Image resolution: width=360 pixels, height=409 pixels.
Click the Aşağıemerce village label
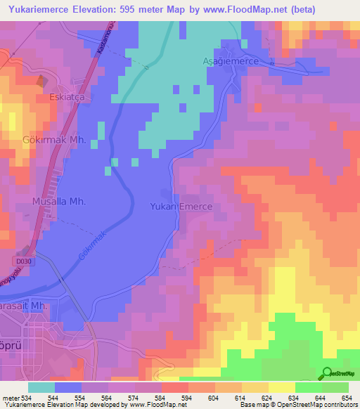click(242, 62)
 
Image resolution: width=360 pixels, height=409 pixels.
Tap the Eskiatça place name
click(67, 98)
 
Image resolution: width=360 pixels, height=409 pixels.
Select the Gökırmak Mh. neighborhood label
click(54, 141)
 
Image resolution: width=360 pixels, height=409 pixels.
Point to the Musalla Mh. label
click(59, 201)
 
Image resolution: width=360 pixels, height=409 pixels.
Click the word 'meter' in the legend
click(8, 398)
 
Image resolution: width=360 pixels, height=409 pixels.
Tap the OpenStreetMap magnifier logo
click(328, 373)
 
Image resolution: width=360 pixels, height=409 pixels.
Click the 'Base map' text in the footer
click(256, 405)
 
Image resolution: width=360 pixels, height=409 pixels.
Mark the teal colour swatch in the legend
click(41, 387)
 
